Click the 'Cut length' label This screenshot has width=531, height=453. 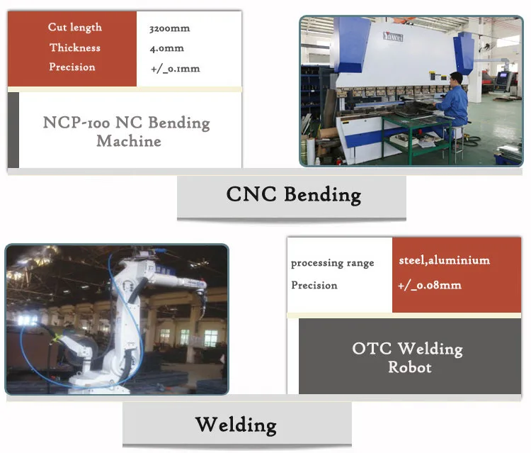coord(75,27)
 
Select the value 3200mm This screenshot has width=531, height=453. coord(169,29)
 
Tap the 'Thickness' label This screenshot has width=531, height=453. coord(75,47)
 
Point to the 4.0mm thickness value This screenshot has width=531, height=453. coord(166,48)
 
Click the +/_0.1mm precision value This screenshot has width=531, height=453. coord(174,68)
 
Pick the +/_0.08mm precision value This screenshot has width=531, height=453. coord(430,285)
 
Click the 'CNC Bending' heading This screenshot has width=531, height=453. coord(293,194)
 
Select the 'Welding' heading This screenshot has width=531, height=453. coord(236,424)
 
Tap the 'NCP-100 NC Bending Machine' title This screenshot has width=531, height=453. coord(127,131)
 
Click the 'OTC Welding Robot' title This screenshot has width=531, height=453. coord(407,357)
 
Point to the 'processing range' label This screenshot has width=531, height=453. coord(332,263)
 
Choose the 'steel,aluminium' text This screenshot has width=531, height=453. coord(444,260)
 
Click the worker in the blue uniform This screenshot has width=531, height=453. coord(453,103)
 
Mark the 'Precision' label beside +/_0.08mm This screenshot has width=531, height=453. coord(314,285)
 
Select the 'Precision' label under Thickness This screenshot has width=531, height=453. coord(72,67)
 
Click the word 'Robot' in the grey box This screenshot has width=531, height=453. coord(409,367)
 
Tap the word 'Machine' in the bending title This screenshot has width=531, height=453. coord(129,141)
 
